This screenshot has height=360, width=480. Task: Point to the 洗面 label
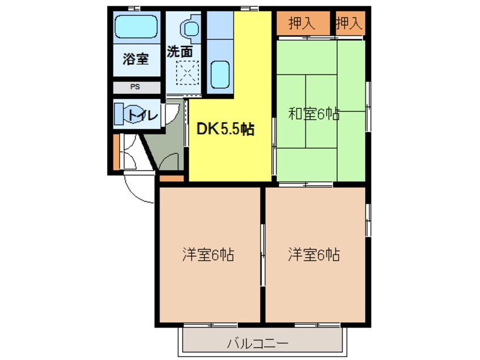pos(179,51)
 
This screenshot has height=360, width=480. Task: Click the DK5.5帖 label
pos(225,130)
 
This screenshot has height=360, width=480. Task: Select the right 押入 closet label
pos(348,23)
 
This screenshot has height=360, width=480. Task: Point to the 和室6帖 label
pos(314,114)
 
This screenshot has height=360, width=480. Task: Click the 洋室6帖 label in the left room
pos(208,254)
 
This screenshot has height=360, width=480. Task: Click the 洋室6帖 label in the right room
pos(313,254)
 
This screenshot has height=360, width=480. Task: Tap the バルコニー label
pos(258,344)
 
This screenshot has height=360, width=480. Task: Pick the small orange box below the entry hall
pos(172,179)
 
